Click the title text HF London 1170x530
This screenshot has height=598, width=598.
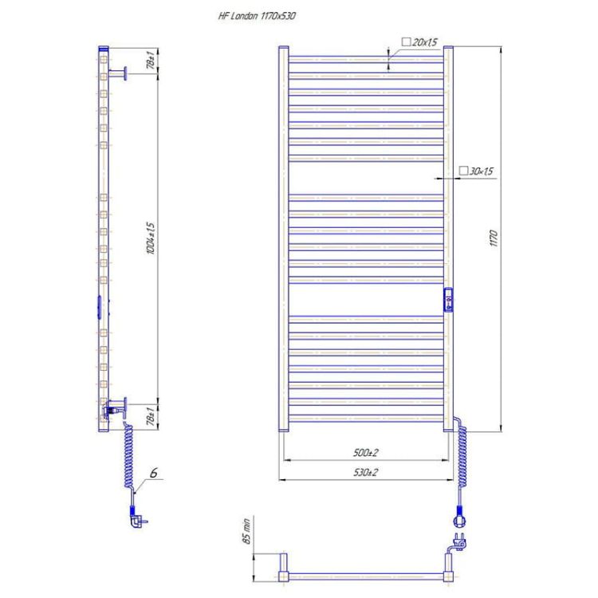pos(256,14)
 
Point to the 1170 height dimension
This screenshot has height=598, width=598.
pos(494,237)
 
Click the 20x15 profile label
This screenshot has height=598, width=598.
pos(419,41)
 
